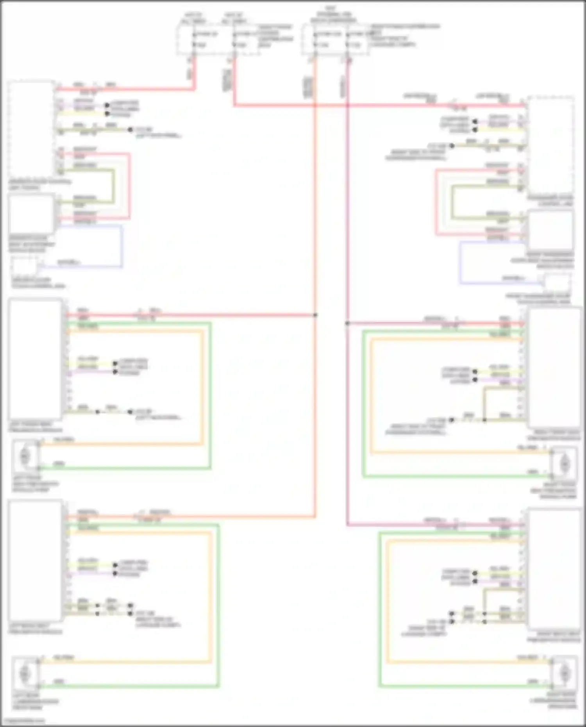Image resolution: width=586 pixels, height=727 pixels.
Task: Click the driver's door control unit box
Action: (31, 129)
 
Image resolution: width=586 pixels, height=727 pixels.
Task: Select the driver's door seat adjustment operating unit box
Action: (31, 214)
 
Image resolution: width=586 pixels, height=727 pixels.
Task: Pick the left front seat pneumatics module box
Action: (35, 359)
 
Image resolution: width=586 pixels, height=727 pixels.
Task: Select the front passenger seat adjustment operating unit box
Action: (551, 230)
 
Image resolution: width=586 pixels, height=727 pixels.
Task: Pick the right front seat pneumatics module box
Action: (554, 367)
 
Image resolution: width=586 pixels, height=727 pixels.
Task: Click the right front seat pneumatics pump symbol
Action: (564, 464)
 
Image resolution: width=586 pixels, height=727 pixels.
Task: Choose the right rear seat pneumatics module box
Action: (554, 568)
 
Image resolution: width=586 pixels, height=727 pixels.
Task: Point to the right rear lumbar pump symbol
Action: (564, 673)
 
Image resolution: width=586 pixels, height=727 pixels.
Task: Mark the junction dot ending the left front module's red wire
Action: (315, 315)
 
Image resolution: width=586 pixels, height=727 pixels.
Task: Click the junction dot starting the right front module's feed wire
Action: (347, 323)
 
